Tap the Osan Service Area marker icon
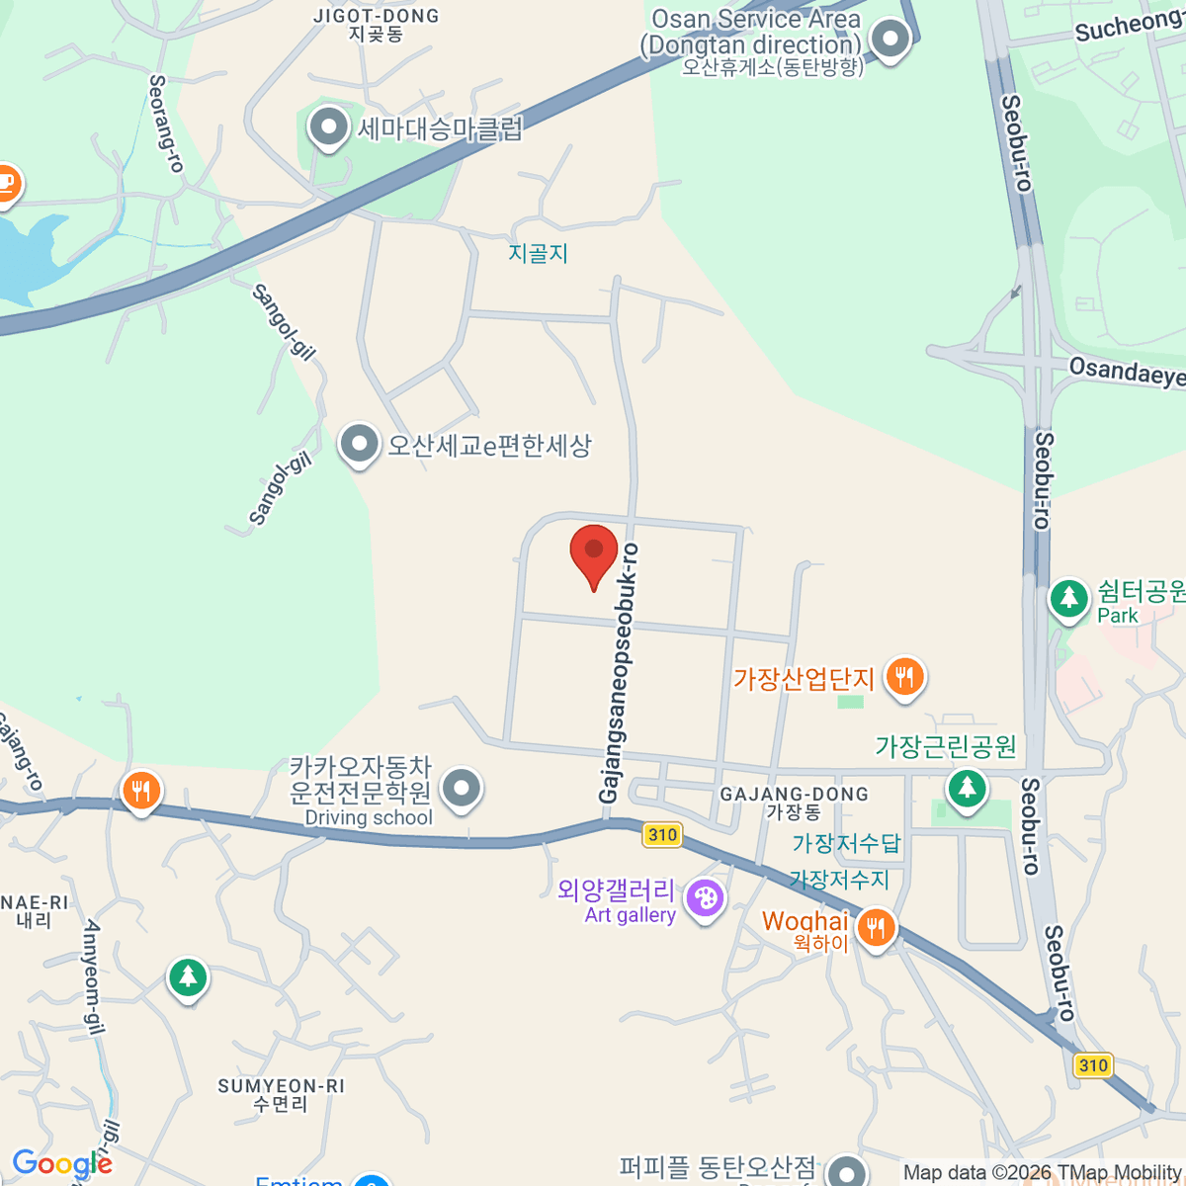point(890,41)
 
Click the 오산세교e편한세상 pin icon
point(359,445)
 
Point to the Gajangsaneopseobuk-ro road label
point(618,672)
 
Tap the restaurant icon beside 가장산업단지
point(904,677)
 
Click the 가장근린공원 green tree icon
point(967,788)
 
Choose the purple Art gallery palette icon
point(705,899)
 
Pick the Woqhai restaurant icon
point(876,927)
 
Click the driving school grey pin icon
point(461,789)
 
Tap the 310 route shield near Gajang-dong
point(662,835)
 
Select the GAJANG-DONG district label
point(794,795)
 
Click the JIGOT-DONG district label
point(376,17)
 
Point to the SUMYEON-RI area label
point(281,1086)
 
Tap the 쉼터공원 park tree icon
point(1068,597)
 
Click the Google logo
point(62,1164)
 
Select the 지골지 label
point(539,253)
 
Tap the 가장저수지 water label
point(839,879)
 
